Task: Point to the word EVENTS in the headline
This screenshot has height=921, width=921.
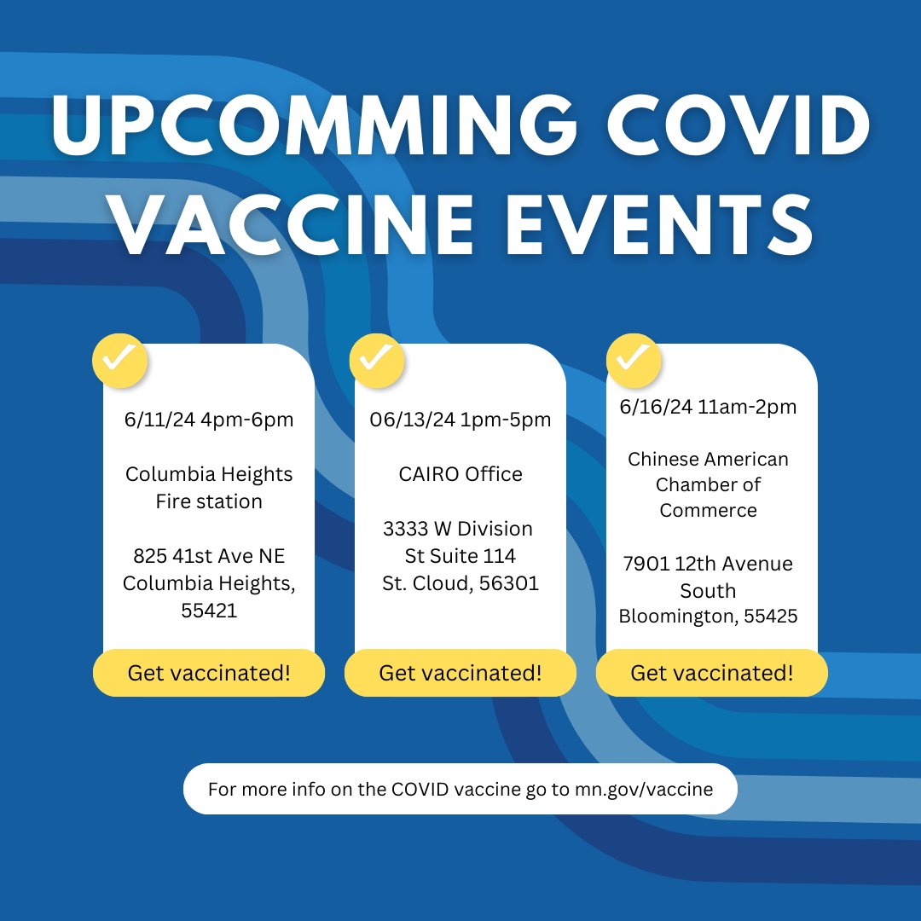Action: point(657,225)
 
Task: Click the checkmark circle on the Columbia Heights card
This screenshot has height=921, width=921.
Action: point(119,361)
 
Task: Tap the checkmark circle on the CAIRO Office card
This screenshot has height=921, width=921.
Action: point(376,361)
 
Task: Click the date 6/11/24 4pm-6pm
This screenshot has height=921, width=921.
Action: point(209,420)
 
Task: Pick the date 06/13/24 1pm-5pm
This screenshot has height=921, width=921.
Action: point(460,420)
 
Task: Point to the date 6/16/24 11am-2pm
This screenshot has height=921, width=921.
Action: point(708,407)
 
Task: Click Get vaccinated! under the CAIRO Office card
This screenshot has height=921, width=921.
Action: point(460,673)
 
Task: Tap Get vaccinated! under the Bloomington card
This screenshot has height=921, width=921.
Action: point(712,673)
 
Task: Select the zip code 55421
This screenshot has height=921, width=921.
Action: point(209,611)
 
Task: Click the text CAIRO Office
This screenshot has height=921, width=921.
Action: point(460,474)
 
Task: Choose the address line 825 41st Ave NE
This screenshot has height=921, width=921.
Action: point(209,556)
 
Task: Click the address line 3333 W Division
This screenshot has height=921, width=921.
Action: point(458,529)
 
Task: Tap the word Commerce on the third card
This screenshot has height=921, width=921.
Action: point(708,510)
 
